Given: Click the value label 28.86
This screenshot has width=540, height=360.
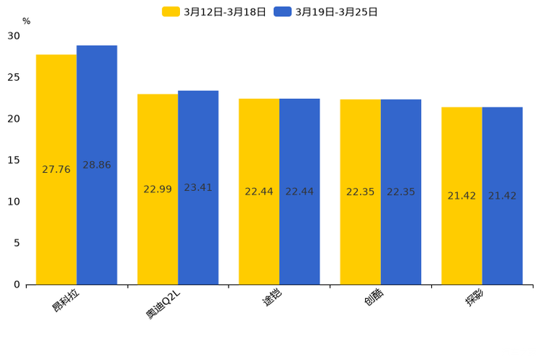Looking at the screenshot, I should pyautogui.click(x=97, y=165).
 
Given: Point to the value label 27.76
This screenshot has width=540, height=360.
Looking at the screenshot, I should pyautogui.click(x=56, y=170).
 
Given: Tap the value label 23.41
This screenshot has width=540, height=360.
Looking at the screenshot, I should pyautogui.click(x=198, y=188).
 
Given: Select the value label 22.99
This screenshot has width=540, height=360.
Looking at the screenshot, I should pyautogui.click(x=157, y=189).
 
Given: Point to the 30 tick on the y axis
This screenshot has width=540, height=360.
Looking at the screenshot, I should pyautogui.click(x=14, y=36).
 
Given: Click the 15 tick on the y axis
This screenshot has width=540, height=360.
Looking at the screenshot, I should pyautogui.click(x=14, y=160).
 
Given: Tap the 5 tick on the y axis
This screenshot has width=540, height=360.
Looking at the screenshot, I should pyautogui.click(x=17, y=243).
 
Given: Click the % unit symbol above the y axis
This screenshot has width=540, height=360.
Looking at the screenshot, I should pyautogui.click(x=26, y=22).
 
